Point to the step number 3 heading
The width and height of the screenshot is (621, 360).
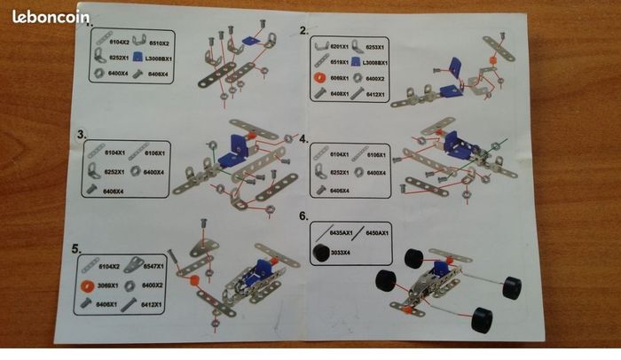82,135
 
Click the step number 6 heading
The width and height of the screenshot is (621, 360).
303,215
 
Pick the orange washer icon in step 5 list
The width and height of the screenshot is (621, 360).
88,286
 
